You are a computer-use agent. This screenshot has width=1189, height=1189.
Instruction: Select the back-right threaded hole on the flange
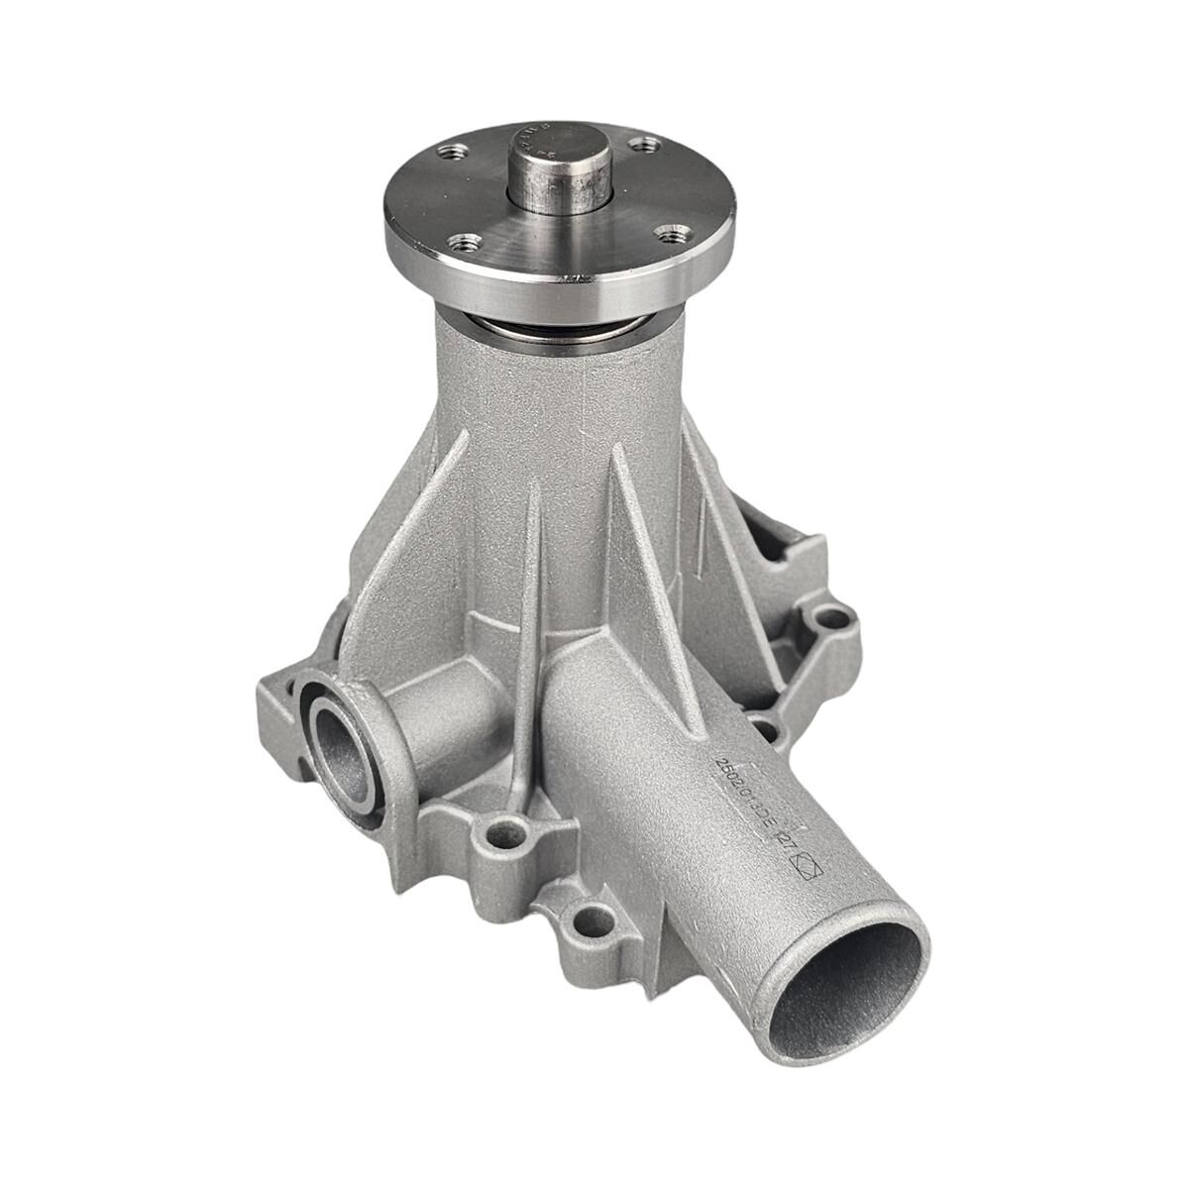click(x=646, y=145)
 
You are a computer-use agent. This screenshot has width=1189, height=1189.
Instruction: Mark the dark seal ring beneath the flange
click(x=560, y=333)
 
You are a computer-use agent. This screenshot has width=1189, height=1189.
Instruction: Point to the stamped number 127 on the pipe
click(x=790, y=848)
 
